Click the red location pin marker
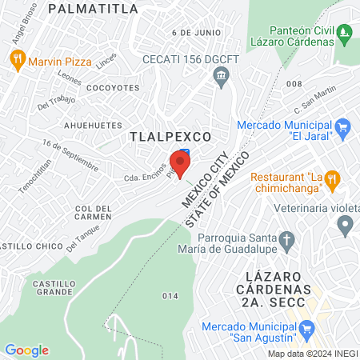(x=180, y=163)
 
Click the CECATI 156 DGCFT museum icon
(x=221, y=75)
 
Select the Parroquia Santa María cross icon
(x=286, y=239)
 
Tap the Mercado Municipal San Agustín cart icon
(x=306, y=328)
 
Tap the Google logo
(x=26, y=350)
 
